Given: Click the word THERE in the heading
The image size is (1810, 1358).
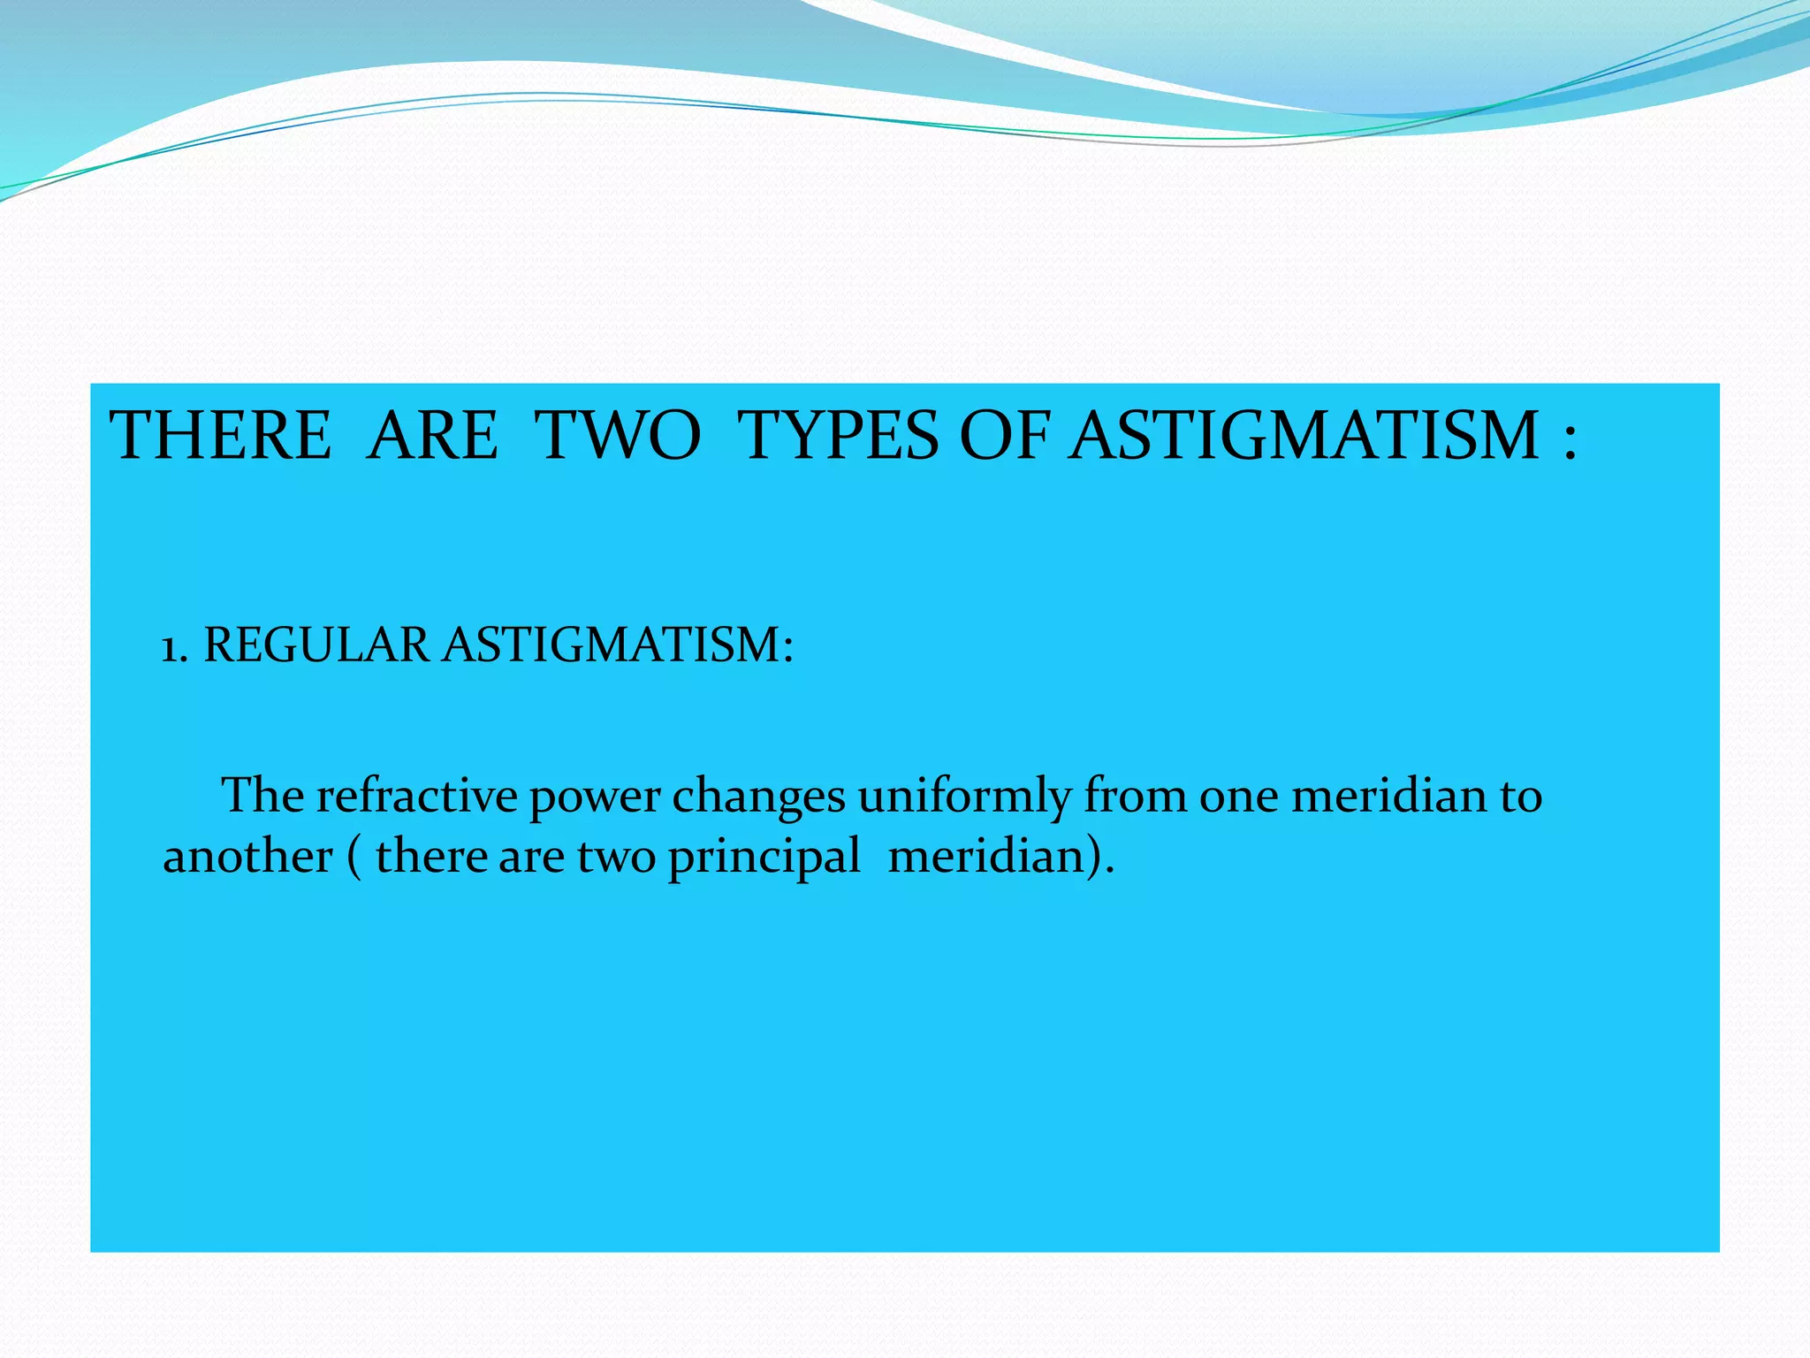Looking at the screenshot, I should coord(220,436).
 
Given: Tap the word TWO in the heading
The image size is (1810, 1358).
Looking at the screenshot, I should coord(620,436).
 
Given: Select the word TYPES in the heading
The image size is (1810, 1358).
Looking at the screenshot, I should coord(840,436).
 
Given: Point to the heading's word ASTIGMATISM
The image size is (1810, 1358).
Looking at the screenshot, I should coord(1304,436).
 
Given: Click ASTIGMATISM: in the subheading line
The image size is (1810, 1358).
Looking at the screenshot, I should coord(618,645).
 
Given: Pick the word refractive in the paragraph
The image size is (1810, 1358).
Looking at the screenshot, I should coord(416,795).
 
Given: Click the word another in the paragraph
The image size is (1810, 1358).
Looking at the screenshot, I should coord(248,857).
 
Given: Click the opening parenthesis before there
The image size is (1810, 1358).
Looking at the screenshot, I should coord(354,858).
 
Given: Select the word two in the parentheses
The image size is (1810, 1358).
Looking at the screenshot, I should coord(616,858).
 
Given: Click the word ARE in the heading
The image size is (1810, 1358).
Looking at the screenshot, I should coord(432,436).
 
